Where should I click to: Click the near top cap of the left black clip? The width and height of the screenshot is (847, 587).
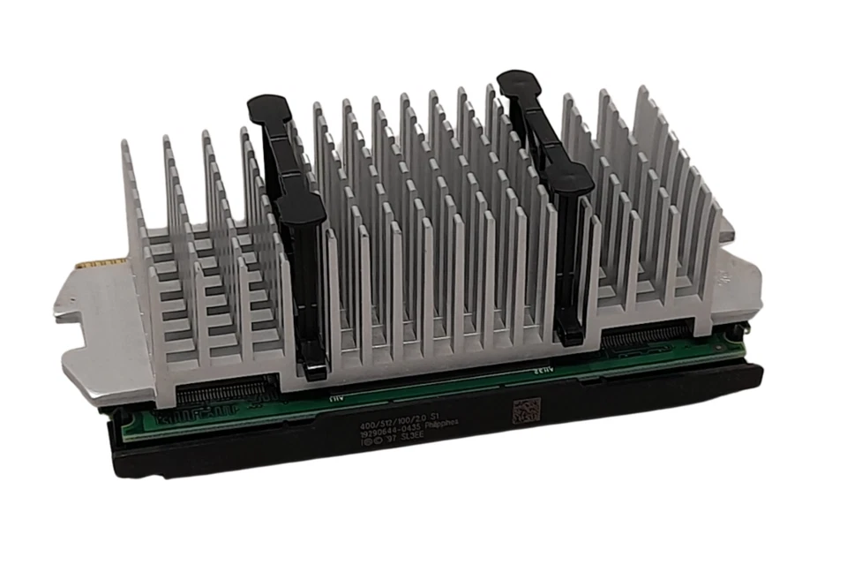(x=300, y=209)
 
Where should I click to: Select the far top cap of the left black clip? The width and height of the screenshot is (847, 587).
(x=268, y=109)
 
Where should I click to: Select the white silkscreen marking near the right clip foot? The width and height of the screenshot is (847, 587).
(x=540, y=371)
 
